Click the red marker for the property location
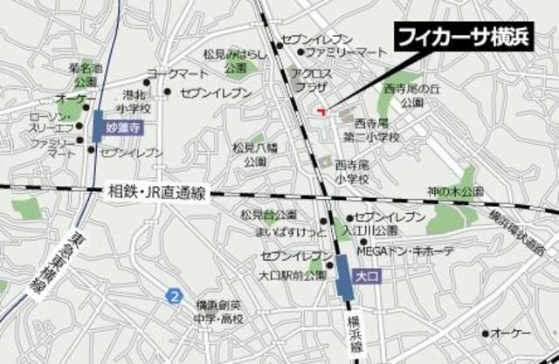pos(321,110)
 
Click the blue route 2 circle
pos(176,297)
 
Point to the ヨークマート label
pos(176,73)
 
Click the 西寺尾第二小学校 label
pos(369,131)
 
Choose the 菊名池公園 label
pos(85,75)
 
